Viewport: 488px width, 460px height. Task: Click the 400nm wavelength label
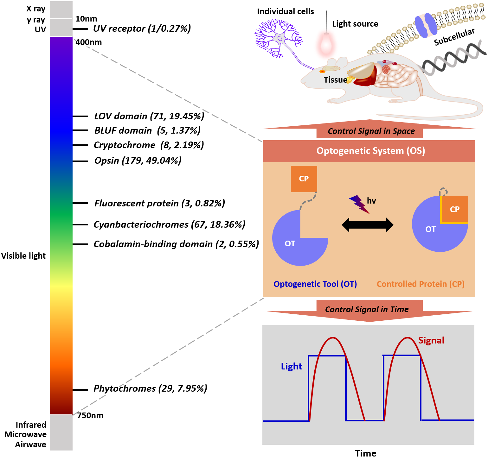[89, 42]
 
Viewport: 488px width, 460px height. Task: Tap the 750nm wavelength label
[90, 415]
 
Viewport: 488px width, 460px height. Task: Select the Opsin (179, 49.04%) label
[138, 161]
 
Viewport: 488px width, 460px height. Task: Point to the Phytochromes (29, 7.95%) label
[150, 388]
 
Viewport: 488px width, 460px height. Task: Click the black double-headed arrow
[367, 225]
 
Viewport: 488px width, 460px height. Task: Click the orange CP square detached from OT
[304, 179]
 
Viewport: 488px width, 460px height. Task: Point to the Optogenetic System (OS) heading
[370, 151]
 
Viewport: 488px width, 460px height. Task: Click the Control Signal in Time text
[367, 309]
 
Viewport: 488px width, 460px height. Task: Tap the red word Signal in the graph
[431, 340]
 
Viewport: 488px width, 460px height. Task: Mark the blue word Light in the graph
[291, 366]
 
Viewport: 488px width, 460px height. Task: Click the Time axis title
[365, 453]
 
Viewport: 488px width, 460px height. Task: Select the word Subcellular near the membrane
[454, 37]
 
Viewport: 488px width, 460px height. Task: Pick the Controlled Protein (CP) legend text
[421, 284]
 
